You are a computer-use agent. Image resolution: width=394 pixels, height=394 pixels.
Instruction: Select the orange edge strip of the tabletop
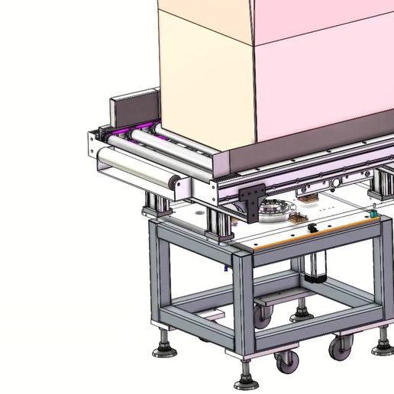tap(305, 241)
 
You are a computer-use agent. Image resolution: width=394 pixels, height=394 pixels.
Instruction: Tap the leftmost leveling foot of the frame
tap(162, 350)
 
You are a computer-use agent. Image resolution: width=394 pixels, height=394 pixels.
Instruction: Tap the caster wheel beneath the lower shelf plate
tap(263, 318)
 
